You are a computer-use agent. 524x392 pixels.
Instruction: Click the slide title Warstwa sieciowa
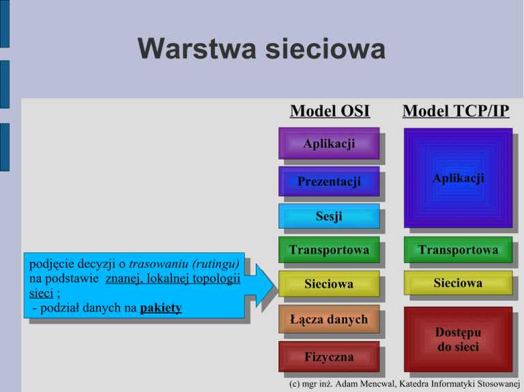point(261,49)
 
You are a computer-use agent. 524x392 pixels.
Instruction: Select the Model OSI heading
point(330,110)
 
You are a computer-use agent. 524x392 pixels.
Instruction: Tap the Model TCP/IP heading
point(456,110)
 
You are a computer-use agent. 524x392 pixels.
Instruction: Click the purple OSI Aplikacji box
point(329,144)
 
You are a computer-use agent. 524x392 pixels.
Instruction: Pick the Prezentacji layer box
point(329,181)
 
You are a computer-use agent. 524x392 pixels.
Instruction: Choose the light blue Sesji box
point(329,217)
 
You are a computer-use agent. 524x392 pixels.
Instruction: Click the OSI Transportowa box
point(329,250)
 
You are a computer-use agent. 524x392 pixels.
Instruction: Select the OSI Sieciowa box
point(329,284)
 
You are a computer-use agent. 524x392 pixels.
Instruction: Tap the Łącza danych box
point(329,319)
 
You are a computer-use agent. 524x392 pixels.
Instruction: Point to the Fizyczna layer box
point(329,357)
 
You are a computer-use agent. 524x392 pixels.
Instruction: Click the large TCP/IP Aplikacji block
point(458,178)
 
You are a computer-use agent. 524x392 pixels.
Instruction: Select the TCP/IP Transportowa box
point(458,250)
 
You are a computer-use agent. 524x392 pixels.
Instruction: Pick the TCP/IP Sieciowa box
point(458,283)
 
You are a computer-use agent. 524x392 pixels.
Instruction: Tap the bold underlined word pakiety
point(161,308)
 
